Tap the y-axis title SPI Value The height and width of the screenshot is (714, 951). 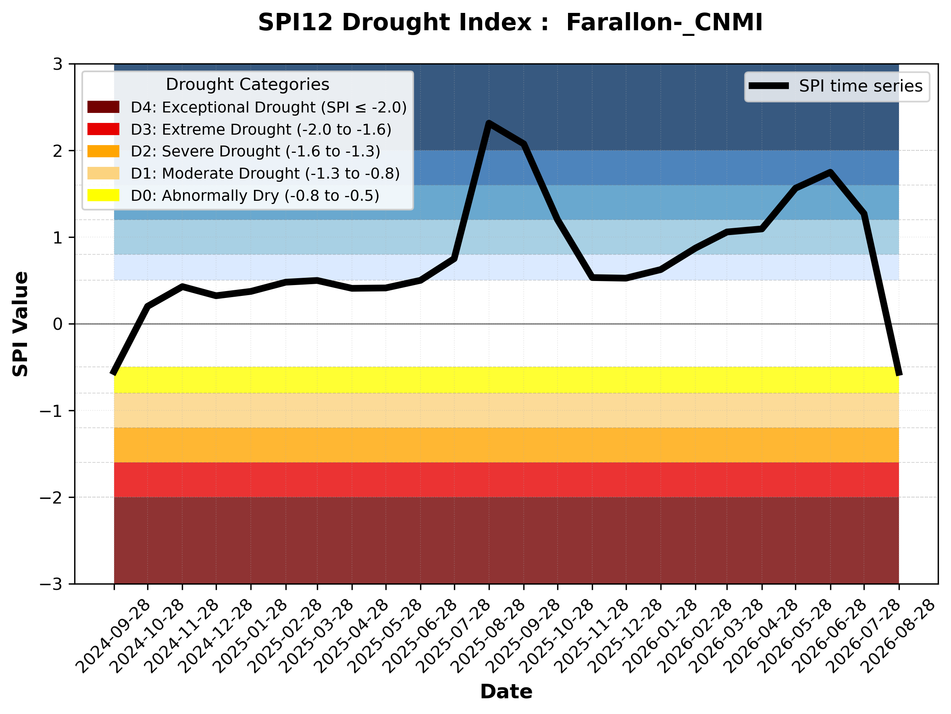20,324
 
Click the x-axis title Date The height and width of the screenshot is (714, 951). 506,692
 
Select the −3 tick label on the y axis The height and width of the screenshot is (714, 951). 51,584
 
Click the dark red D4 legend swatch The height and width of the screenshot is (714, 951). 103,107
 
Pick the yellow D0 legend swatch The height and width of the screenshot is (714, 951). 103,195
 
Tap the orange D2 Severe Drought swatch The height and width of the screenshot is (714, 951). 103,151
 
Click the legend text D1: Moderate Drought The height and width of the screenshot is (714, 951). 215,173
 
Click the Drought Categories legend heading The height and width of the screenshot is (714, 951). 248,84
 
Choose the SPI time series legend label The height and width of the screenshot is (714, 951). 861,86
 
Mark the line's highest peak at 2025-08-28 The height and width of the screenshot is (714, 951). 489,123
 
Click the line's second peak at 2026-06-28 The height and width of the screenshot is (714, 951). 830,173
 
